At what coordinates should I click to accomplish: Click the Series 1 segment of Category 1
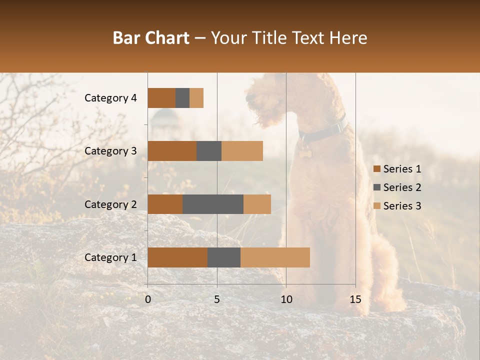pyautogui.click(x=177, y=257)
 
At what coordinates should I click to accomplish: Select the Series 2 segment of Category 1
pyautogui.click(x=224, y=257)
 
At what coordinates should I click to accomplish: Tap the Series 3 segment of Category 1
pyautogui.click(x=275, y=257)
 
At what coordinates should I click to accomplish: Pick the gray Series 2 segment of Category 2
pyautogui.click(x=213, y=204)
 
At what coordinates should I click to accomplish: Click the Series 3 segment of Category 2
pyautogui.click(x=257, y=204)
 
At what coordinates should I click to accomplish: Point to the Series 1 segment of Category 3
pyautogui.click(x=172, y=151)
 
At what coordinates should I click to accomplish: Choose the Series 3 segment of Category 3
pyautogui.click(x=242, y=151)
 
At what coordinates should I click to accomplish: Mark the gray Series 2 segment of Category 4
pyautogui.click(x=182, y=98)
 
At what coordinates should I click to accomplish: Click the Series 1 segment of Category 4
pyautogui.click(x=161, y=98)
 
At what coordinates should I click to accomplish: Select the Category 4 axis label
pyautogui.click(x=110, y=98)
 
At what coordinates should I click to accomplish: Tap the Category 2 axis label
pyautogui.click(x=110, y=204)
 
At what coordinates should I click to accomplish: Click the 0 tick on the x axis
pyautogui.click(x=148, y=299)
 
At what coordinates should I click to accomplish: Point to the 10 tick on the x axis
pyautogui.click(x=286, y=299)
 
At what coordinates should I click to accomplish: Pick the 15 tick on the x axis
pyautogui.click(x=355, y=299)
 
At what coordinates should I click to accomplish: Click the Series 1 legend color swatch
pyautogui.click(x=377, y=169)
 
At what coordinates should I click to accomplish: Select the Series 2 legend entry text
pyautogui.click(x=402, y=187)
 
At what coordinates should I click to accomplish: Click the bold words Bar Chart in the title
pyautogui.click(x=151, y=38)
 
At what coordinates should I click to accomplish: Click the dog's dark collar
pyautogui.click(x=325, y=131)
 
